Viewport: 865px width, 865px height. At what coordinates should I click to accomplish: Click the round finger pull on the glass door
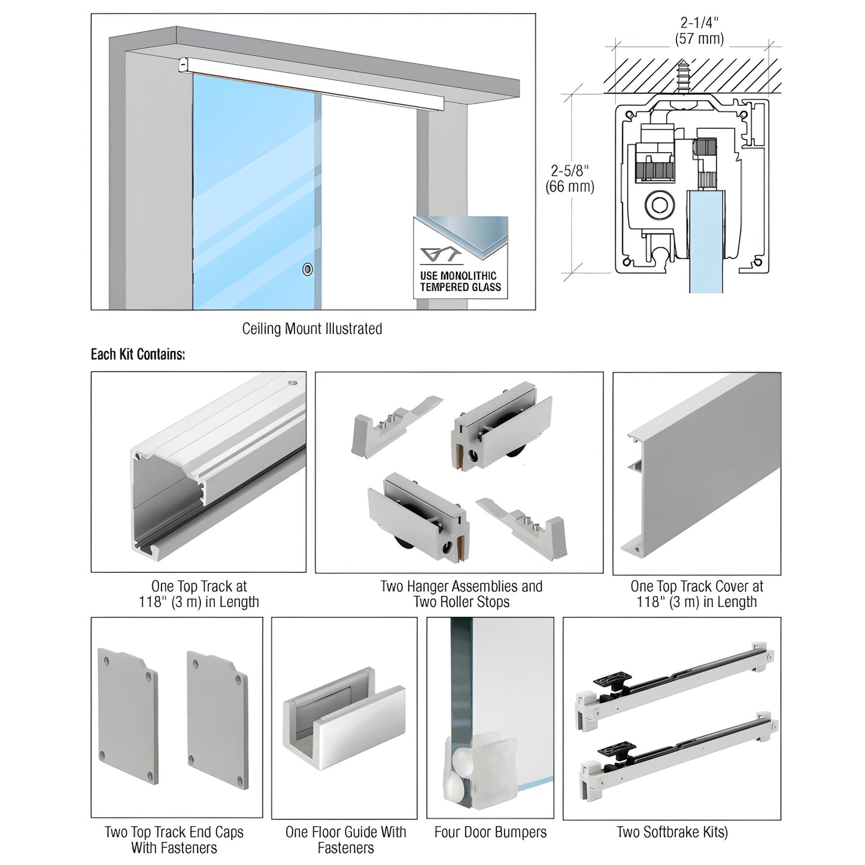(308, 269)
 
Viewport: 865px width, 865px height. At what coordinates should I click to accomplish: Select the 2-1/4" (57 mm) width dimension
(699, 31)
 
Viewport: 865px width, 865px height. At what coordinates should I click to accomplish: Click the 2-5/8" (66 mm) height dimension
(569, 178)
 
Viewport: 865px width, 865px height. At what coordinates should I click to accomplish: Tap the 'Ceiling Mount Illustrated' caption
(312, 329)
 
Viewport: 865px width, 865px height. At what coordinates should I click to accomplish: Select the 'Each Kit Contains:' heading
(138, 354)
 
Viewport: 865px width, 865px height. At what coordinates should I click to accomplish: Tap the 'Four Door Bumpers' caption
(490, 832)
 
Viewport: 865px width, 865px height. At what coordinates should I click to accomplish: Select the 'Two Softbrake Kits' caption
(672, 832)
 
